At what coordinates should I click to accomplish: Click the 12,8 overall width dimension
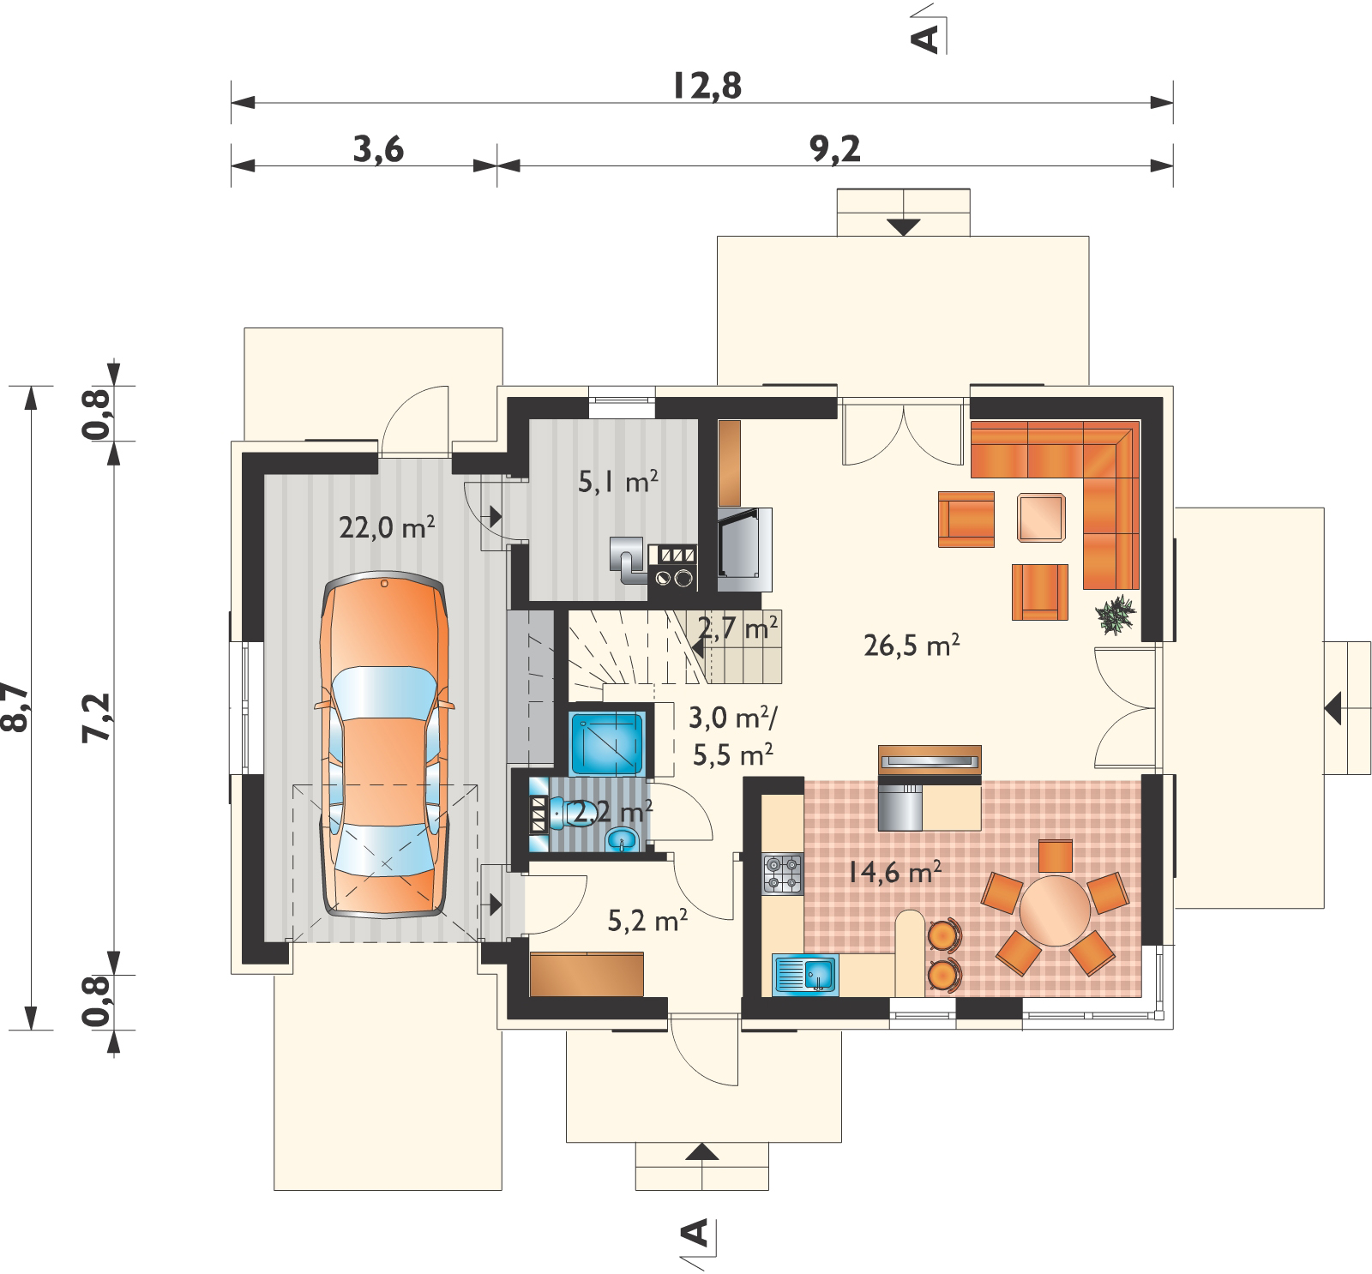click(707, 86)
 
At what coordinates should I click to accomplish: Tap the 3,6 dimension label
click(378, 149)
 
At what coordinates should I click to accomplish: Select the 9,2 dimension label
click(835, 149)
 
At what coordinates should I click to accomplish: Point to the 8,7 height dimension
click(15, 707)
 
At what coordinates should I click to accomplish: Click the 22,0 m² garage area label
click(387, 526)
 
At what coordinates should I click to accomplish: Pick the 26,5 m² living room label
click(912, 645)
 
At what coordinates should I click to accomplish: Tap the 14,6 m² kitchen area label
click(894, 872)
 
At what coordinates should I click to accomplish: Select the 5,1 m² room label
click(617, 481)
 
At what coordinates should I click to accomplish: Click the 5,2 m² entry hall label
click(647, 920)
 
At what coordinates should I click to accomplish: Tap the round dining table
click(1055, 910)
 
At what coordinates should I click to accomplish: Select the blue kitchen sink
click(805, 975)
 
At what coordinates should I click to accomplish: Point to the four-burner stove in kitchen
click(783, 874)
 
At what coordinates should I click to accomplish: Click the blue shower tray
click(607, 743)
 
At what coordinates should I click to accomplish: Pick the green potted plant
click(1115, 614)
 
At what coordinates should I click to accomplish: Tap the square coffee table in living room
click(1041, 518)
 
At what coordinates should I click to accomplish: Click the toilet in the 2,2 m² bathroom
click(569, 812)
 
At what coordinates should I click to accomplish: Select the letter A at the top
click(925, 39)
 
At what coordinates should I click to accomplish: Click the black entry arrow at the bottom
click(701, 1151)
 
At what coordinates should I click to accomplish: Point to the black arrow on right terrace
click(1333, 709)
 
